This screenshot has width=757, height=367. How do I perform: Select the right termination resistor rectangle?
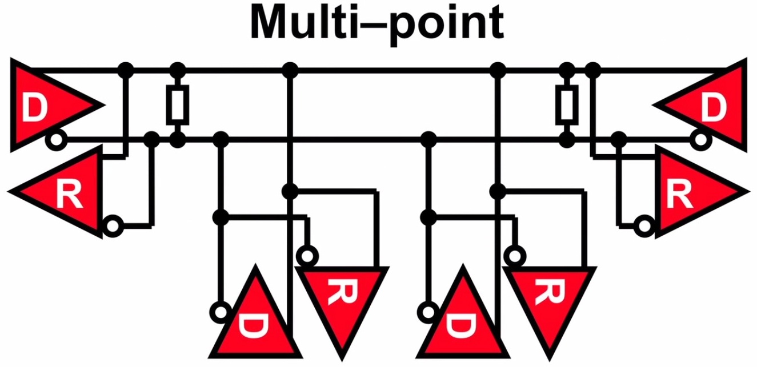(x=567, y=105)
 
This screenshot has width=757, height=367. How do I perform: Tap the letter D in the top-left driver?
(x=35, y=108)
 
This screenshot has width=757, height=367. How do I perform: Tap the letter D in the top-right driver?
(x=714, y=108)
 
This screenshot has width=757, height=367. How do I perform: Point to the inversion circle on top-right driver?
(x=701, y=139)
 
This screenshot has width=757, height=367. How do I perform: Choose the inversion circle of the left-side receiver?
(x=113, y=226)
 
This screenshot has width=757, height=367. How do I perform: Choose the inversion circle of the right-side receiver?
(x=645, y=226)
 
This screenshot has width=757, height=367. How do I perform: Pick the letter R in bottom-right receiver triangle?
(x=550, y=293)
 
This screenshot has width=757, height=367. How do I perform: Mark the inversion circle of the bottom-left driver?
(x=221, y=312)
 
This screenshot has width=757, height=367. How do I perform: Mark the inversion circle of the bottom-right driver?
(x=428, y=312)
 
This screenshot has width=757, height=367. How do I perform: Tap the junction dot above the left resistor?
(x=178, y=71)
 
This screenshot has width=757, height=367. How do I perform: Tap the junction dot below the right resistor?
(x=567, y=139)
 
